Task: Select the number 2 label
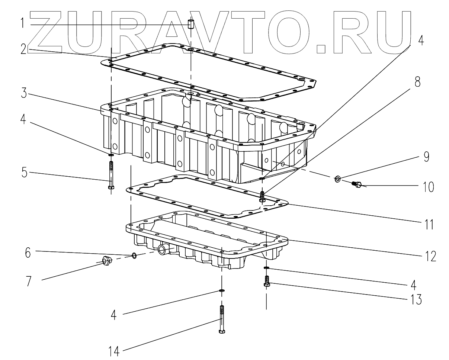(24, 50)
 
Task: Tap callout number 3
(23, 93)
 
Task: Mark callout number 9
(426, 157)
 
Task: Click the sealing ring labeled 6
(134, 255)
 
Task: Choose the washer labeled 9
(337, 179)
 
